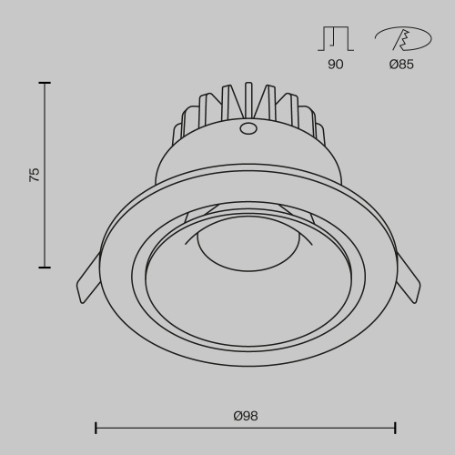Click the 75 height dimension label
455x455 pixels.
(35, 175)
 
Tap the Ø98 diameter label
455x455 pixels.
(246, 415)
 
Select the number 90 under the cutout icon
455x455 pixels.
(336, 65)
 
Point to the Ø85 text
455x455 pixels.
(400, 65)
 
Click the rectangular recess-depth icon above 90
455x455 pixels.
(336, 38)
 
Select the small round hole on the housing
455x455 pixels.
(248, 128)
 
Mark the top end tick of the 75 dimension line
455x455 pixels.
(44, 83)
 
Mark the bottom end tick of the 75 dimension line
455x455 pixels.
(44, 267)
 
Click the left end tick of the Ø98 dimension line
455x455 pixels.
(96, 427)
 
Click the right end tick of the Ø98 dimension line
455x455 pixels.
(395, 427)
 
